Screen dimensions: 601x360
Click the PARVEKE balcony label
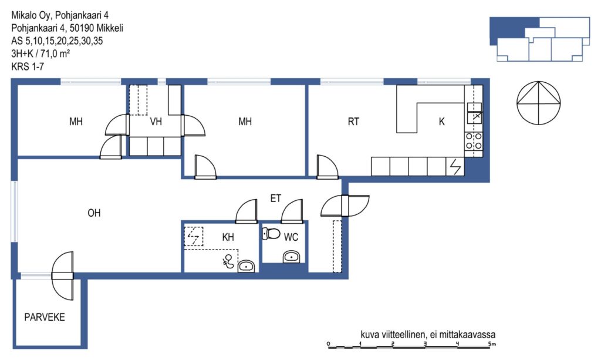tap(45, 317)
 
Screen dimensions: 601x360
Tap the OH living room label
tap(94, 213)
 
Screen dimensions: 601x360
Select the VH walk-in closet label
tap(156, 122)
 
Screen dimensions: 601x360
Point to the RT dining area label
tap(353, 122)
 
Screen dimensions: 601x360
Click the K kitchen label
tap(441, 122)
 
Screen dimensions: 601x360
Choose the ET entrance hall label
tap(276, 198)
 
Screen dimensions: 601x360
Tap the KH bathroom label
tap(228, 237)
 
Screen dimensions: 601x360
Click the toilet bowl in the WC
tap(271, 233)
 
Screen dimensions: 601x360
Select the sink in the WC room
tap(292, 257)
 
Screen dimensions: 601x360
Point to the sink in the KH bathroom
tap(246, 266)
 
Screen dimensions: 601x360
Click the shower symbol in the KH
tap(228, 261)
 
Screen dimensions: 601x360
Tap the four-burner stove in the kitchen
tap(474, 141)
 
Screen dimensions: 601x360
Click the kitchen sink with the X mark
tap(474, 113)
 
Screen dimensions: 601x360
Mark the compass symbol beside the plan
tap(539, 103)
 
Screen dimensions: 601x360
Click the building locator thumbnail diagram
tap(540, 39)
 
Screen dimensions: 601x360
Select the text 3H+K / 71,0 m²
tap(40, 53)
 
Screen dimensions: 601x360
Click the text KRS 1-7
tap(28, 66)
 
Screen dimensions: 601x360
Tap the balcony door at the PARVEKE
tap(62, 276)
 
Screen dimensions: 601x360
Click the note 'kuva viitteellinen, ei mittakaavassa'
tap(428, 334)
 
